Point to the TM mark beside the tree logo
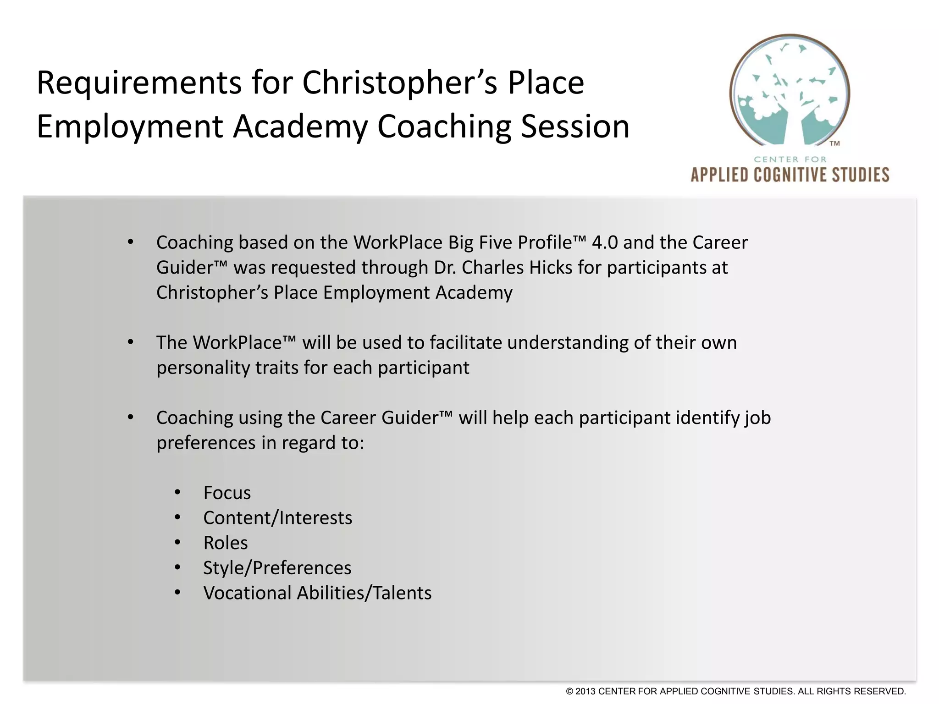click(x=834, y=144)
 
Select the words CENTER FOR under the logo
click(x=790, y=159)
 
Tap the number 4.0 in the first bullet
click(x=604, y=242)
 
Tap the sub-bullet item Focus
click(x=227, y=493)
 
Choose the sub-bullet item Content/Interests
click(x=277, y=518)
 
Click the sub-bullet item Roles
click(x=226, y=543)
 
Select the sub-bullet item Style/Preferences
click(x=277, y=568)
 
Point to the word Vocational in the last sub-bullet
click(x=248, y=593)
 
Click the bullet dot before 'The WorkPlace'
click(x=131, y=342)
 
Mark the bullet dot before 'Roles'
click(x=178, y=543)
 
